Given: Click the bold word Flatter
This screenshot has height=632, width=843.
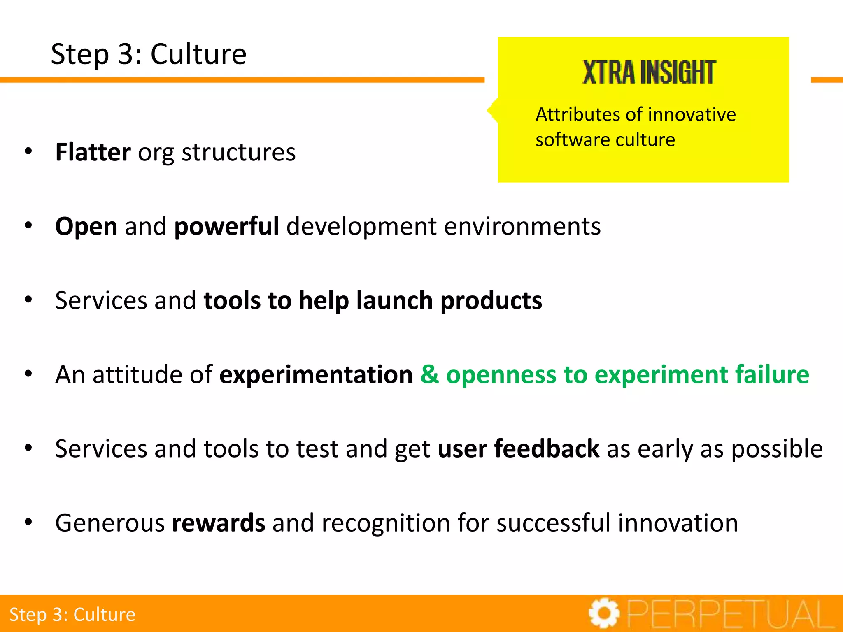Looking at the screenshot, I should [93, 152].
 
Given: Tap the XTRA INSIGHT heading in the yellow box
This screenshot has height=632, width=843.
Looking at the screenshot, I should [649, 72].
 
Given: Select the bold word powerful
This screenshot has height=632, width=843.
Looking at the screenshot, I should [226, 226].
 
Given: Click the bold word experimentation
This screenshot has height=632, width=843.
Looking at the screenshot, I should [316, 375].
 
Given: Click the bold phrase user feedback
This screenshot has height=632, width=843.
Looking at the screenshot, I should [518, 448].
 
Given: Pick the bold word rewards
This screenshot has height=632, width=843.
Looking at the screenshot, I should [219, 523].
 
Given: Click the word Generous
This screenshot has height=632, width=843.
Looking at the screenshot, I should [110, 523].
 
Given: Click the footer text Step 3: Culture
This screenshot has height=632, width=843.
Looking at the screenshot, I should [72, 615].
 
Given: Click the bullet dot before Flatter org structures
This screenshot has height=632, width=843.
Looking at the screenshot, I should [28, 151].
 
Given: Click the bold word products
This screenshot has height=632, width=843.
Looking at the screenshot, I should [491, 301].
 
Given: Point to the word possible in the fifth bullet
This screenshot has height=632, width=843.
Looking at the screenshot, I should [777, 448].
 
